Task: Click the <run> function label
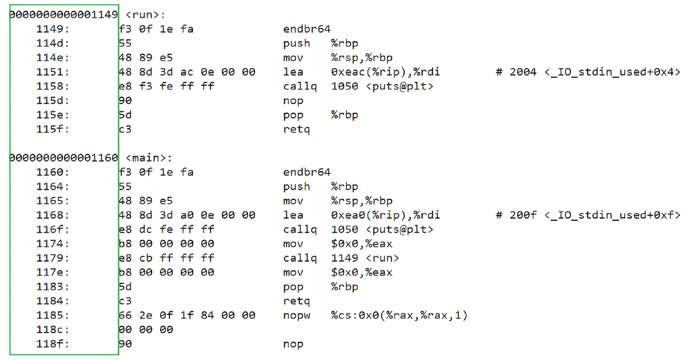(145, 15)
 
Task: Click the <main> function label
(149, 158)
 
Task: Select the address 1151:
(53, 72)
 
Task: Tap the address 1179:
(53, 258)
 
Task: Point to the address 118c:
(53, 330)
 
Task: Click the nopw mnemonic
(297, 316)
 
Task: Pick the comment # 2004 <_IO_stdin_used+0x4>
(588, 72)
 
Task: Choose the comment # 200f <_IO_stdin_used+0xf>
(588, 215)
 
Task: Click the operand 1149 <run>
(365, 258)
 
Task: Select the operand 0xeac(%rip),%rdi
(385, 72)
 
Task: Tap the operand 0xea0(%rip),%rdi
(385, 215)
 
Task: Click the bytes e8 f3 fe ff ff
(166, 86)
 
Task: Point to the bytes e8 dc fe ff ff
(166, 230)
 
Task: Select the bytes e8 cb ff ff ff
(166, 258)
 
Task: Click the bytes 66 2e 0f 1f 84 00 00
(187, 316)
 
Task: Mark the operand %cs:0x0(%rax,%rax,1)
(399, 316)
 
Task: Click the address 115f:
(53, 129)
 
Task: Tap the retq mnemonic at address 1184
(296, 301)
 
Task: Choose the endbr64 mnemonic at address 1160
(307, 173)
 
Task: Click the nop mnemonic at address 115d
(293, 101)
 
